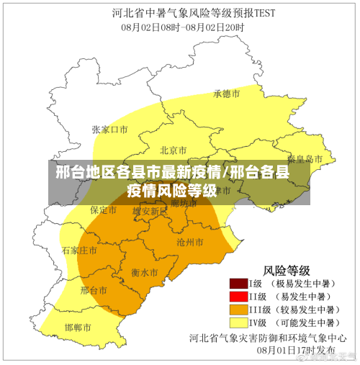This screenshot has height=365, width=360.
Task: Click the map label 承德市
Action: [226, 94]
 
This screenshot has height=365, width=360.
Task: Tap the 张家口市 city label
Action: [109, 130]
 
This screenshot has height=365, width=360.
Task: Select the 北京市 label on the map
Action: [174, 150]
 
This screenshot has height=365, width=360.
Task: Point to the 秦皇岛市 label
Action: [305, 158]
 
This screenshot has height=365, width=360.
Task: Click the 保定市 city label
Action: [103, 210]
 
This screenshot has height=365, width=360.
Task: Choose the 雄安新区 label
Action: [150, 211]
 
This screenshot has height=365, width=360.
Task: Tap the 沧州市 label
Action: [190, 242]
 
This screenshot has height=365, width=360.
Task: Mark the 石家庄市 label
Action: [79, 251]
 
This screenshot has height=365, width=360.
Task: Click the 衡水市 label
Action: [145, 273]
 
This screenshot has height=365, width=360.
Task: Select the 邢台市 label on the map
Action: [94, 290]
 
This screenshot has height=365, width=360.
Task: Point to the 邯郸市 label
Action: [78, 328]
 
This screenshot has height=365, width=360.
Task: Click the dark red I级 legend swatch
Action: [238, 284]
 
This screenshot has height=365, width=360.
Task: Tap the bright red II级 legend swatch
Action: [238, 296]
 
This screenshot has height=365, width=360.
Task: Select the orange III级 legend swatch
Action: [238, 309]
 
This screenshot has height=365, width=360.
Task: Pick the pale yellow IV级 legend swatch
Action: [238, 322]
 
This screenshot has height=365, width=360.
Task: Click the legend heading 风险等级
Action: [287, 271]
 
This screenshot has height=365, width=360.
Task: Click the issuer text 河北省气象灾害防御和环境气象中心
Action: [268, 337]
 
